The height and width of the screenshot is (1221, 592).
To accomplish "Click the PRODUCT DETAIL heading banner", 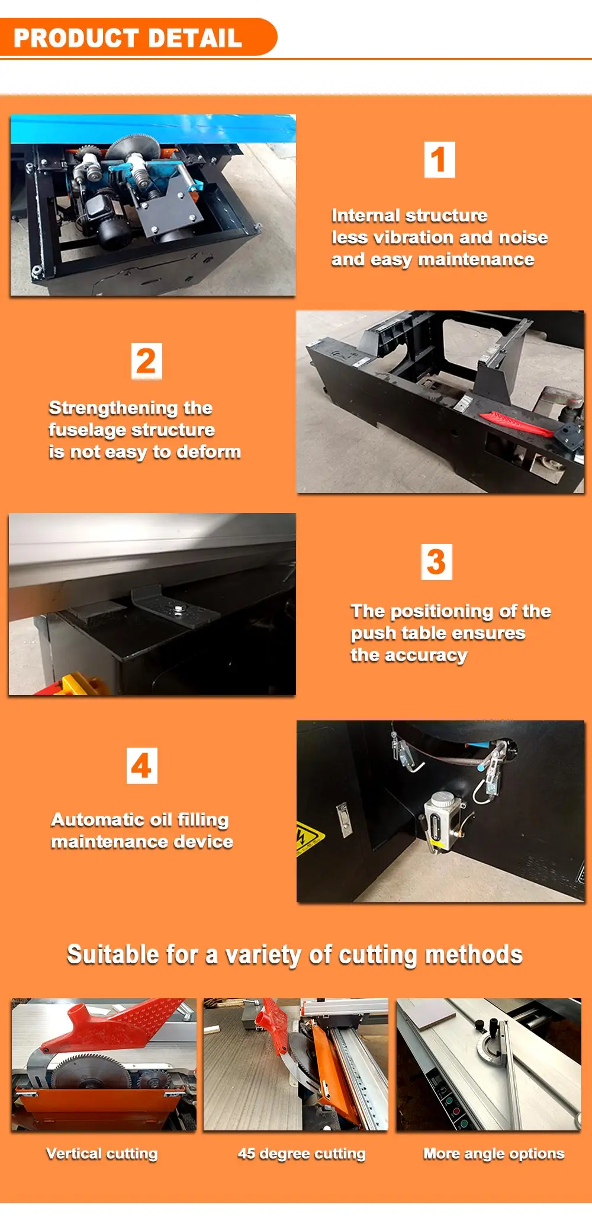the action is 138,37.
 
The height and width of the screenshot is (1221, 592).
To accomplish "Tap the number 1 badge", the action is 440,159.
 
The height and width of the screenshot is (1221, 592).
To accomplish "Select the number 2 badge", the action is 146,361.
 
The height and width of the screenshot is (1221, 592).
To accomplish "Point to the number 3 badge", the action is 436,562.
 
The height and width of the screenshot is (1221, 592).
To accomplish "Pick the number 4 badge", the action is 142,765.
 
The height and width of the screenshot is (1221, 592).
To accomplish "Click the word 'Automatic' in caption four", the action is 92,820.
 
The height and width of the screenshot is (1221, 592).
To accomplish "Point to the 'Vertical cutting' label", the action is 102,1153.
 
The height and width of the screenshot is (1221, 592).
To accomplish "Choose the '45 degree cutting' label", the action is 301,1153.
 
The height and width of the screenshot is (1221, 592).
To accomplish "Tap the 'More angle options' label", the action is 494,1153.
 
